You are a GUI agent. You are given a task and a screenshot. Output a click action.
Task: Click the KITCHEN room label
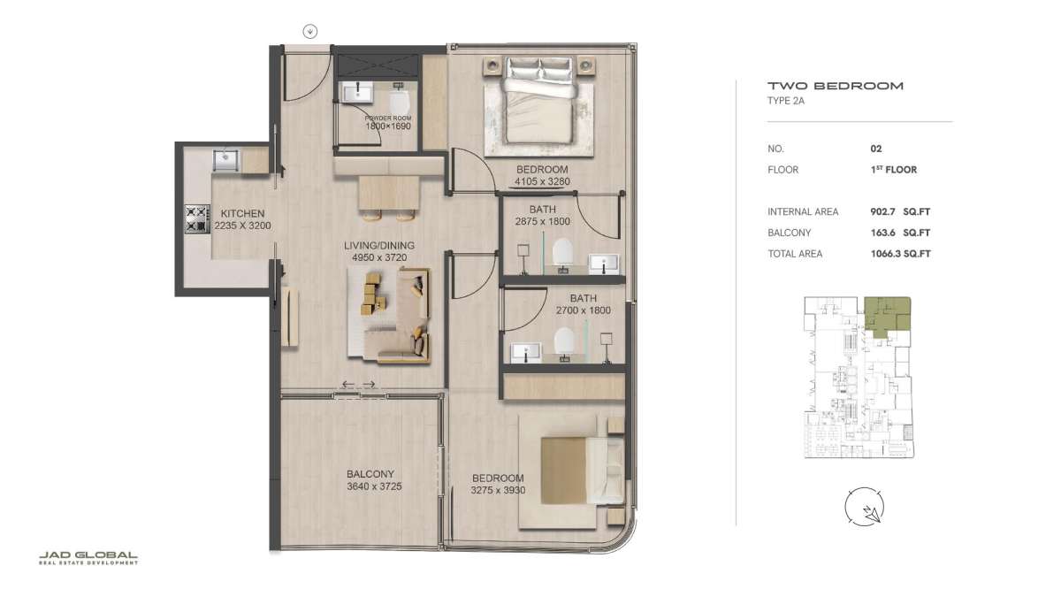point(242,214)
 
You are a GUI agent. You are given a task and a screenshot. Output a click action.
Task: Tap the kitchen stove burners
point(197,219)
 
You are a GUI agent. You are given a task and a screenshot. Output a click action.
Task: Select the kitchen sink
point(226,160)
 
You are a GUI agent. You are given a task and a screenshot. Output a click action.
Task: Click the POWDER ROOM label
point(388,118)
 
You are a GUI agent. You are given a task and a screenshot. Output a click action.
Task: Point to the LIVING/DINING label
point(379,246)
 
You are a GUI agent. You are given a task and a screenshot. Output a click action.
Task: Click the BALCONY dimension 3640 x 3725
point(374,486)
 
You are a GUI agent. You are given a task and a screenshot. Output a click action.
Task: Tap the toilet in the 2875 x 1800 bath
point(563,251)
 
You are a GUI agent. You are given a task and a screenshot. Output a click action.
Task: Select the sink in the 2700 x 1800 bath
point(526,353)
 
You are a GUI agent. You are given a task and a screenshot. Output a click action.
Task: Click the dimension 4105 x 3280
point(542,181)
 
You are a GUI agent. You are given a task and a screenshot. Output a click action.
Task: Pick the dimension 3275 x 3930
point(498,490)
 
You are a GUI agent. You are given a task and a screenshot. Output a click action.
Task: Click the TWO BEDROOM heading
point(836,86)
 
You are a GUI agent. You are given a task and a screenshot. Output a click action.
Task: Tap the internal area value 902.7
point(882,211)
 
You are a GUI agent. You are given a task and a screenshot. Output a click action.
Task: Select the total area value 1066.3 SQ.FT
point(900,254)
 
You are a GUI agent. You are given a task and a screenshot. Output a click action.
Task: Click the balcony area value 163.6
point(882,233)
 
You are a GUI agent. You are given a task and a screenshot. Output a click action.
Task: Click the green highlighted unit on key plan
point(885,315)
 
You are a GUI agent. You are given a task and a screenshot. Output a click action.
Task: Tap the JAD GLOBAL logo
point(88,558)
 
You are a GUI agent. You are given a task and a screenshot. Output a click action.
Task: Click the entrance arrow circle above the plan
point(309,32)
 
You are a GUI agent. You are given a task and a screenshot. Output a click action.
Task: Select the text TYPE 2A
point(786,101)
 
